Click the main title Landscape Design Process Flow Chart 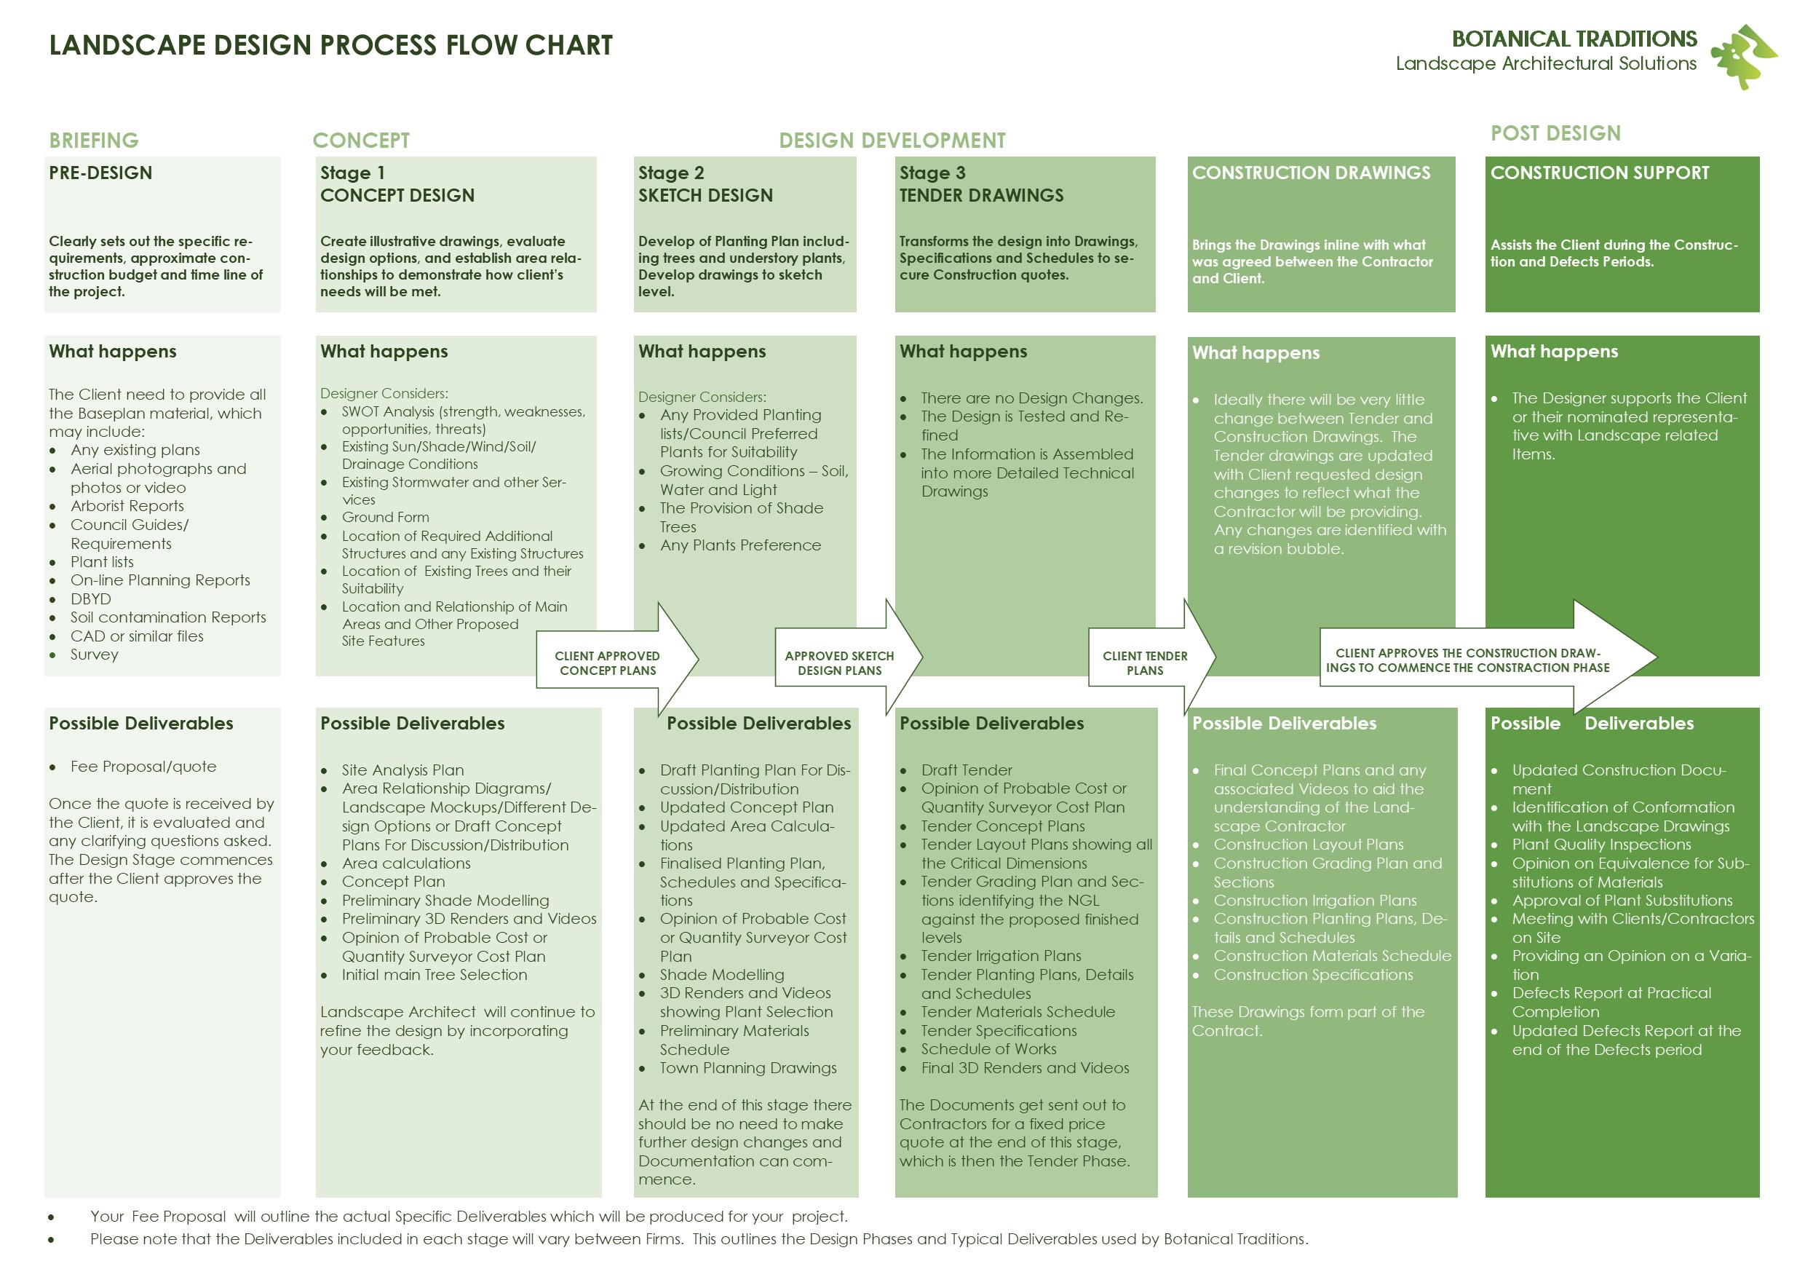(x=330, y=46)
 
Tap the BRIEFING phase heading (x=94, y=141)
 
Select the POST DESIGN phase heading (x=1555, y=134)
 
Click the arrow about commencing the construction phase (x=1478, y=660)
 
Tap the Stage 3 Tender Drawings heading (x=981, y=184)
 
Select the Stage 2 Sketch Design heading (x=705, y=184)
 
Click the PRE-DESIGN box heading (x=100, y=173)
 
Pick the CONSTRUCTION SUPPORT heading (x=1599, y=173)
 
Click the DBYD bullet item (x=91, y=599)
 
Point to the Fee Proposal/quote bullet (x=143, y=767)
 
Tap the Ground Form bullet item (x=385, y=518)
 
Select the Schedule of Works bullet (x=988, y=1049)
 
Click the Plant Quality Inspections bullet (x=1600, y=845)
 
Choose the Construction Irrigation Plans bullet (x=1314, y=901)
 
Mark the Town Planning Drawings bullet (x=747, y=1068)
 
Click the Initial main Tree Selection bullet (x=434, y=975)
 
